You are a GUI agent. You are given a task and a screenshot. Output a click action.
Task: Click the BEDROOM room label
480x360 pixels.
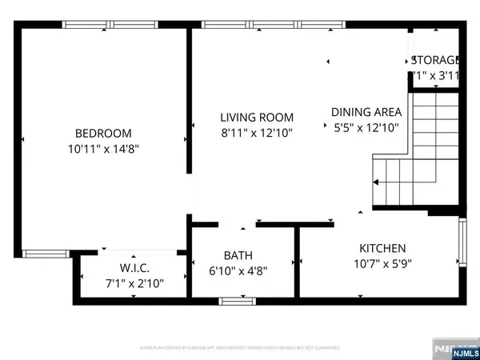click(x=103, y=134)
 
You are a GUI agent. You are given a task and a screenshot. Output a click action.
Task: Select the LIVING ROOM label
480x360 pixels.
click(x=257, y=118)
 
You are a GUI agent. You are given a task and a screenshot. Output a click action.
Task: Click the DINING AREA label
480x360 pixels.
click(x=366, y=112)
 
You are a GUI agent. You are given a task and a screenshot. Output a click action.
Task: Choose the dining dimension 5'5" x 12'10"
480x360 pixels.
click(x=366, y=126)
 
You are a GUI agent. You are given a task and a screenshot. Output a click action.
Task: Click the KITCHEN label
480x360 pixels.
click(x=382, y=248)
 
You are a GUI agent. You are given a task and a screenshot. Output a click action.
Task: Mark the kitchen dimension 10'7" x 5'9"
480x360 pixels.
click(x=382, y=263)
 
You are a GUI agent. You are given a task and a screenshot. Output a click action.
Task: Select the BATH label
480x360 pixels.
click(x=238, y=255)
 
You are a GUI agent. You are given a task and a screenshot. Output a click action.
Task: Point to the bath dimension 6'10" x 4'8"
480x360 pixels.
click(x=238, y=270)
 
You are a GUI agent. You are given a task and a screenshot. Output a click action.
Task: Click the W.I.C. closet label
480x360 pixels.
click(x=134, y=268)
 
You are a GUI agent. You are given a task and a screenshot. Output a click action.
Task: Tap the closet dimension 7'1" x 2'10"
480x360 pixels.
click(x=134, y=282)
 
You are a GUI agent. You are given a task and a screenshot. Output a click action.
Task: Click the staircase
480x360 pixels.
click(x=416, y=152)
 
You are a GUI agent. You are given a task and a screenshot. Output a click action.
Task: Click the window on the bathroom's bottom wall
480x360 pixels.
click(x=233, y=301)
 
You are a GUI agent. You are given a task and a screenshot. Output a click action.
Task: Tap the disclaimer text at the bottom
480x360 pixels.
click(x=240, y=348)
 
